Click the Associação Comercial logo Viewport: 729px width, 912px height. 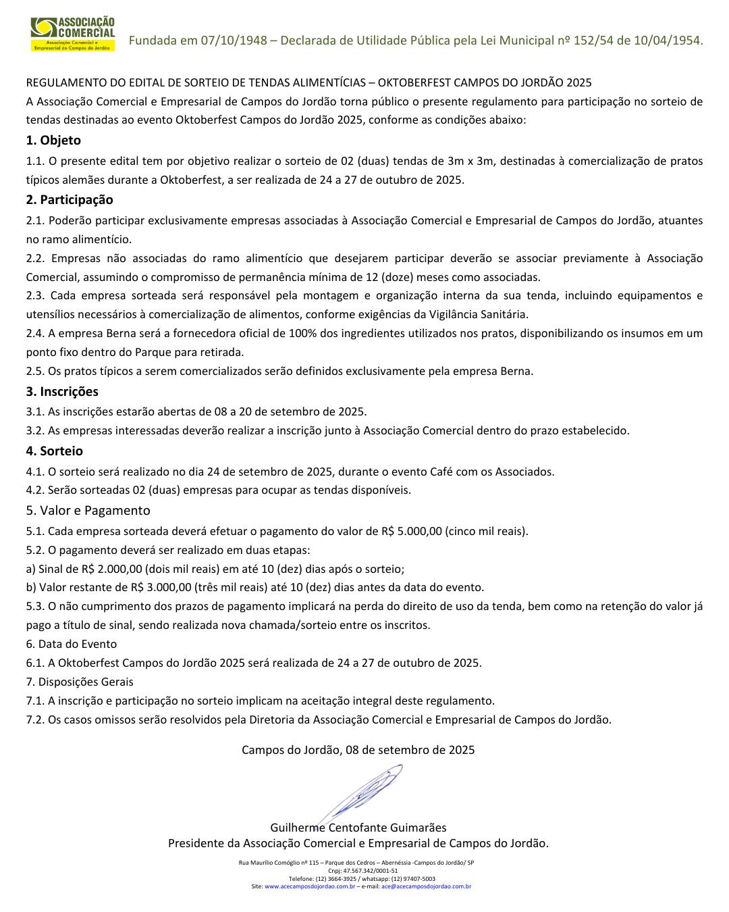(72, 34)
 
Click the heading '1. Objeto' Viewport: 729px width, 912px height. (53, 141)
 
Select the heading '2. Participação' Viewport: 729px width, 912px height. (70, 200)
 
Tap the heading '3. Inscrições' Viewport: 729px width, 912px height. (62, 392)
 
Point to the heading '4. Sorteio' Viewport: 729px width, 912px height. (55, 451)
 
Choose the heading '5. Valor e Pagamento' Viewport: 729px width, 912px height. (88, 511)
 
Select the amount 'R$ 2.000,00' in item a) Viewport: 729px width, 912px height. (111, 569)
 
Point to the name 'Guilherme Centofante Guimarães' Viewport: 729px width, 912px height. (358, 828)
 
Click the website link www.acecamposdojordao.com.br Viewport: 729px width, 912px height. (310, 886)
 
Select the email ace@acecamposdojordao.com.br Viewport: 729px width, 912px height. (426, 886)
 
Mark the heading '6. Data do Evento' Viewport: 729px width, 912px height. (72, 644)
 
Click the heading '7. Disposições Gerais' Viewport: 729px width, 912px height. (80, 682)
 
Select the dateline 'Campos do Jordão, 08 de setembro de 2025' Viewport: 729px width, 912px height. (358, 750)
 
